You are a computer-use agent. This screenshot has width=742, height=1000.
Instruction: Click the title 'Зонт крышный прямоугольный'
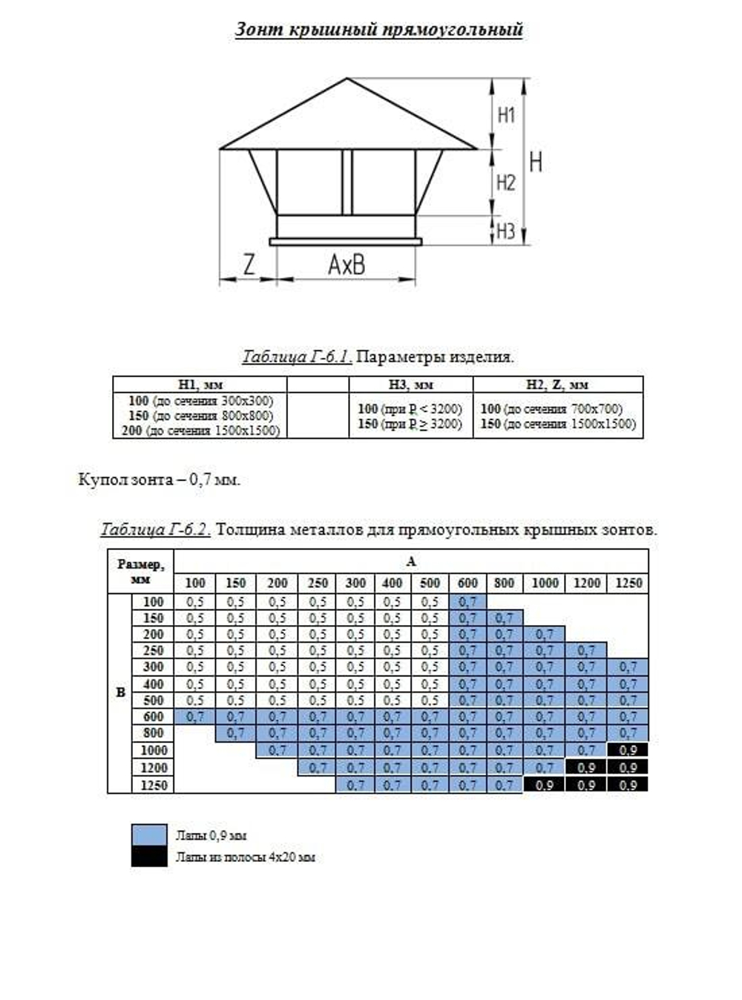(378, 30)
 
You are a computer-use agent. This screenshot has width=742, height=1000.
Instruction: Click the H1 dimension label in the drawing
(506, 115)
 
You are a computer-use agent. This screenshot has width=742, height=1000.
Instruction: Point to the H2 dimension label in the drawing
(506, 183)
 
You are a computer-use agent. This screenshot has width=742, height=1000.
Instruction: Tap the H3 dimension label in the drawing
(505, 231)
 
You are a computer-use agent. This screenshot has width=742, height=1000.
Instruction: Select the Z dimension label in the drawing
(249, 264)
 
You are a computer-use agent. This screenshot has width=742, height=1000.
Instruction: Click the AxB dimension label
(347, 264)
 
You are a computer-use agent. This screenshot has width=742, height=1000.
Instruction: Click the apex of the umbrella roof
(347, 78)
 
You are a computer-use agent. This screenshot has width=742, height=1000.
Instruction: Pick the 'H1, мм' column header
(200, 385)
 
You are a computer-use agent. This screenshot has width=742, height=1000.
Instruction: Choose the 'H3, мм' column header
(410, 385)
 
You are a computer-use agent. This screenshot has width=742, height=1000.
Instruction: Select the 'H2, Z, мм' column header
(557, 385)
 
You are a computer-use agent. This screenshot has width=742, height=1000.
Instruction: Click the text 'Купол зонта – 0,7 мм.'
(159, 480)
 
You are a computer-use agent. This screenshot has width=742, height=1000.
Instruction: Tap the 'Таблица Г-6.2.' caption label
(156, 530)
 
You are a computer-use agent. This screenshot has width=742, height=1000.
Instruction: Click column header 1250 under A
(628, 584)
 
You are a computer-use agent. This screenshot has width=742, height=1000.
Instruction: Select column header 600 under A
(467, 584)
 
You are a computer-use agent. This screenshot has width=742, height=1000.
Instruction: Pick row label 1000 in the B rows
(154, 751)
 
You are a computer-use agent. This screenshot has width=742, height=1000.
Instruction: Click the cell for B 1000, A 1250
(628, 751)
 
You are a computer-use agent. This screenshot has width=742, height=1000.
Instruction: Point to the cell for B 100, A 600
(467, 602)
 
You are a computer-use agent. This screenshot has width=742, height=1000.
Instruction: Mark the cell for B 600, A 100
(194, 717)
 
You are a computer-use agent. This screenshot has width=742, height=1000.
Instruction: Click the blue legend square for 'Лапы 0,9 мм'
(149, 834)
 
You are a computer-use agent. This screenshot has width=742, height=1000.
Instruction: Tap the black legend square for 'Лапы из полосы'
(149, 857)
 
